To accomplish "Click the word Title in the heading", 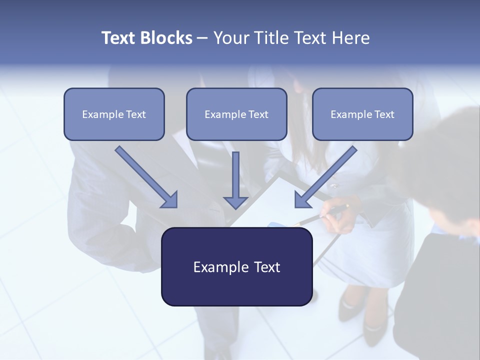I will pos(270,38).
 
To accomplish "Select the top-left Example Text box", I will pos(114,114).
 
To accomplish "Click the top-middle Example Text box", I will pos(236,114).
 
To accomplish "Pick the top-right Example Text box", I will pos(362,114).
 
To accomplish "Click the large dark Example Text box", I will pos(236,266).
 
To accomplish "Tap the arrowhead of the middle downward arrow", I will pos(235,202).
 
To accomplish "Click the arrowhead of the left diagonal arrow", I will pos(170,200).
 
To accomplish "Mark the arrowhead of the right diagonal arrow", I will pos(302,200).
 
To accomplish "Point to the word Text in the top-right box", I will pos(384,114).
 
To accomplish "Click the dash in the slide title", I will pos(203,38).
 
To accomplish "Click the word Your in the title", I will pos(231,38).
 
